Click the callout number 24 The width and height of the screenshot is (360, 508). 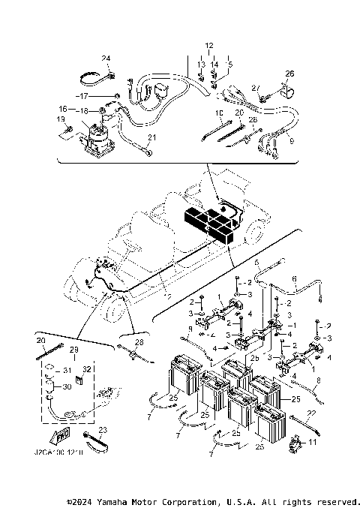tap(106, 59)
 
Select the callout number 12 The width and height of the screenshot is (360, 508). tap(208, 46)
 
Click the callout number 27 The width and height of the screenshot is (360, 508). tap(256, 88)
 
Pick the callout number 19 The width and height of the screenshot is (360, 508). tap(60, 119)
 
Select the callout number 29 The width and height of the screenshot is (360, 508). tap(73, 350)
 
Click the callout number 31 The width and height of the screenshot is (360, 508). tap(67, 369)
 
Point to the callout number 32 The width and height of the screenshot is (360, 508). tap(86, 369)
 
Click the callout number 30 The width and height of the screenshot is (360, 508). tap(67, 387)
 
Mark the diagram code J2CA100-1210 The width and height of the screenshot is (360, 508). tap(59, 453)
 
